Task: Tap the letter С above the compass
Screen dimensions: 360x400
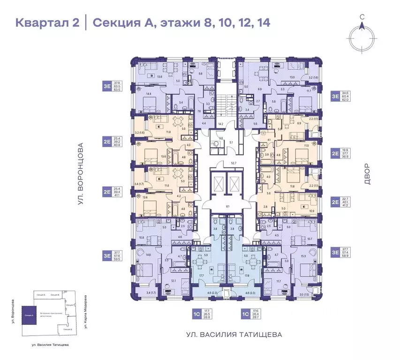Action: coord(362,17)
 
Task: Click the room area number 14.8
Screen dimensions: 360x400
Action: coord(149,255)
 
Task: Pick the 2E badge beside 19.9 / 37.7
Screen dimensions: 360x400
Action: coord(335,153)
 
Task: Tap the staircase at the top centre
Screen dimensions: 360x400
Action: coord(226,104)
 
